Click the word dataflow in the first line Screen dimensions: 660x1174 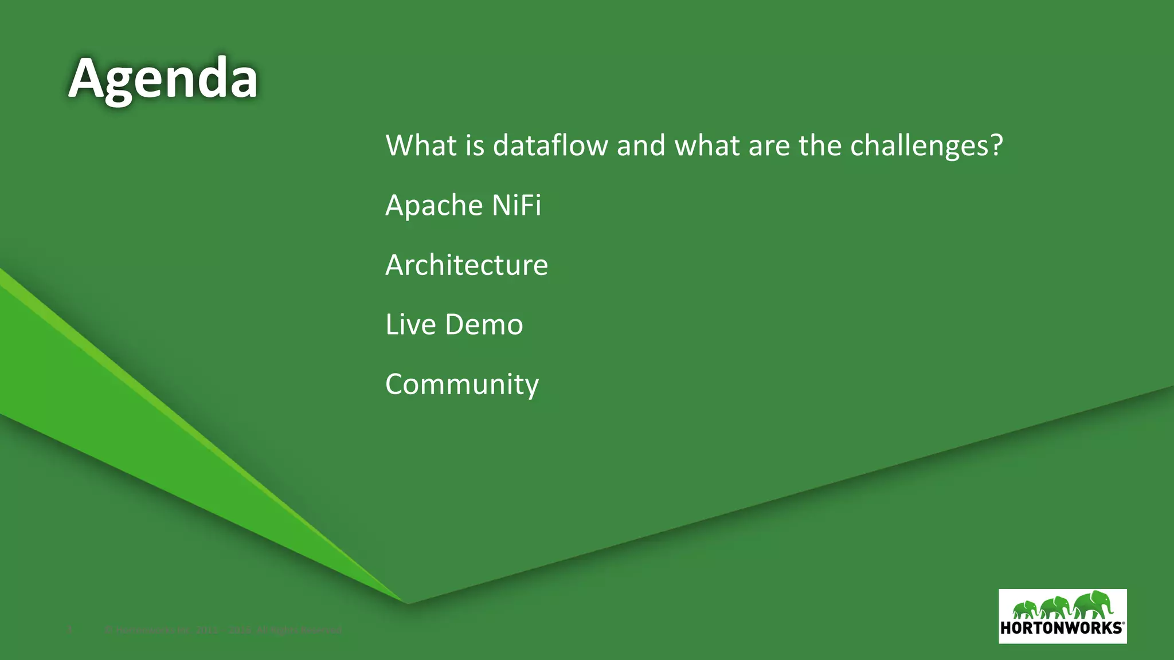pyautogui.click(x=550, y=146)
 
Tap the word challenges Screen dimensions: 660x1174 pyautogui.click(x=919, y=146)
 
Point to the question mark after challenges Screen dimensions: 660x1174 pyautogui.click(x=997, y=146)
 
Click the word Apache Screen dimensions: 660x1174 pyautogui.click(x=426, y=205)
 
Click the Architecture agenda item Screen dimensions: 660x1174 pyautogui.click(x=467, y=265)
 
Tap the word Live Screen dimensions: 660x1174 pyautogui.click(x=410, y=324)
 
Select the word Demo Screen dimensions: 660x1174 pyautogui.click(x=484, y=324)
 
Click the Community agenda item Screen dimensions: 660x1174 pyautogui.click(x=462, y=384)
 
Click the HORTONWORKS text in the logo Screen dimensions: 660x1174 pyautogui.click(x=1060, y=628)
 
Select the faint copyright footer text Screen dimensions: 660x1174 pyautogui.click(x=224, y=630)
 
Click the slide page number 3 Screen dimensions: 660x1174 pyautogui.click(x=70, y=630)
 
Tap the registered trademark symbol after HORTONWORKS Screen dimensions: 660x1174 pyautogui.click(x=1124, y=623)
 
